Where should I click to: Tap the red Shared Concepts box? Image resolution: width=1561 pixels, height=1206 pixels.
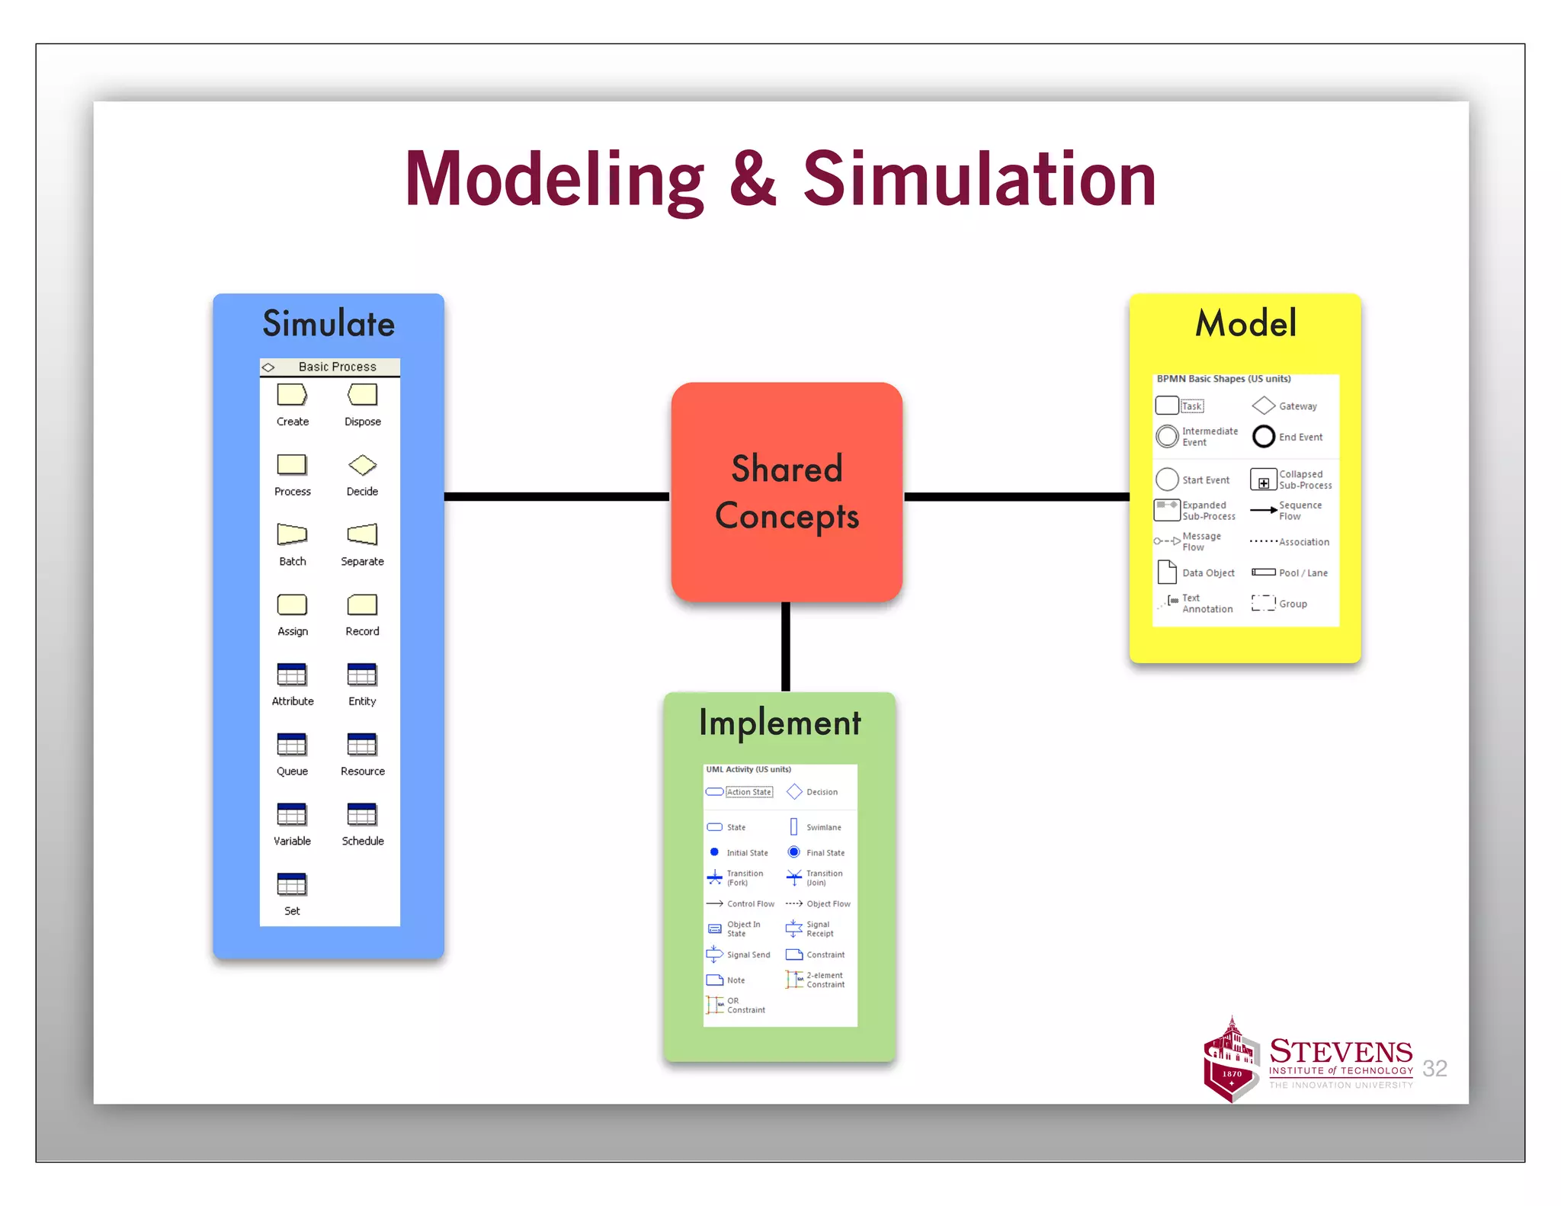[x=787, y=492]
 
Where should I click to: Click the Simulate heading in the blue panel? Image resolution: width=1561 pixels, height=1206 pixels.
[x=329, y=323]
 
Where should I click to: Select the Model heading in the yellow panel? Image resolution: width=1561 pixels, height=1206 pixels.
[x=1245, y=322]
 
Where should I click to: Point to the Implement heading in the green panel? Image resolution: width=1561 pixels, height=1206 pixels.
[x=780, y=723]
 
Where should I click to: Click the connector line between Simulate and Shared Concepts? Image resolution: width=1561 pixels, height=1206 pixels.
[x=556, y=496]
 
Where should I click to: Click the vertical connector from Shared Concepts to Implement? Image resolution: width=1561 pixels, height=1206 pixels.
[x=785, y=646]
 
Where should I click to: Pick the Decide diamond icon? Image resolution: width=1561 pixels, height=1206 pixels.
[x=362, y=464]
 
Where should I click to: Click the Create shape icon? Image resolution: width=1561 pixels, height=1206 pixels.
[x=292, y=394]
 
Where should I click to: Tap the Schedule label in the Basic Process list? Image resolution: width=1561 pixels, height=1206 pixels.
[x=363, y=841]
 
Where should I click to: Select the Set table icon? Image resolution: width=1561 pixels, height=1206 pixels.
[x=292, y=884]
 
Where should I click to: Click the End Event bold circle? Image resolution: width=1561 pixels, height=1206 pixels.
[x=1263, y=436]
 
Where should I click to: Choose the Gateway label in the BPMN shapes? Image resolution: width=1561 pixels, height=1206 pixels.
[x=1297, y=406]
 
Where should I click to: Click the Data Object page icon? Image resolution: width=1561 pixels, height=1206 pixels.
[x=1166, y=572]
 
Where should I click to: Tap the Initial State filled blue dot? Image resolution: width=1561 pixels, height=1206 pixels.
[x=714, y=852]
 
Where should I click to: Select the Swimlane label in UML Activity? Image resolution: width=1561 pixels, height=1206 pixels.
[x=823, y=827]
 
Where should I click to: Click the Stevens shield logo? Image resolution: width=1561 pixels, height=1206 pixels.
[x=1230, y=1062]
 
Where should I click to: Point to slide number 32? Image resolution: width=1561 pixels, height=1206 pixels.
[x=1434, y=1068]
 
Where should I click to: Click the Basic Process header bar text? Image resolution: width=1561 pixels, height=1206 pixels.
[x=337, y=367]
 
